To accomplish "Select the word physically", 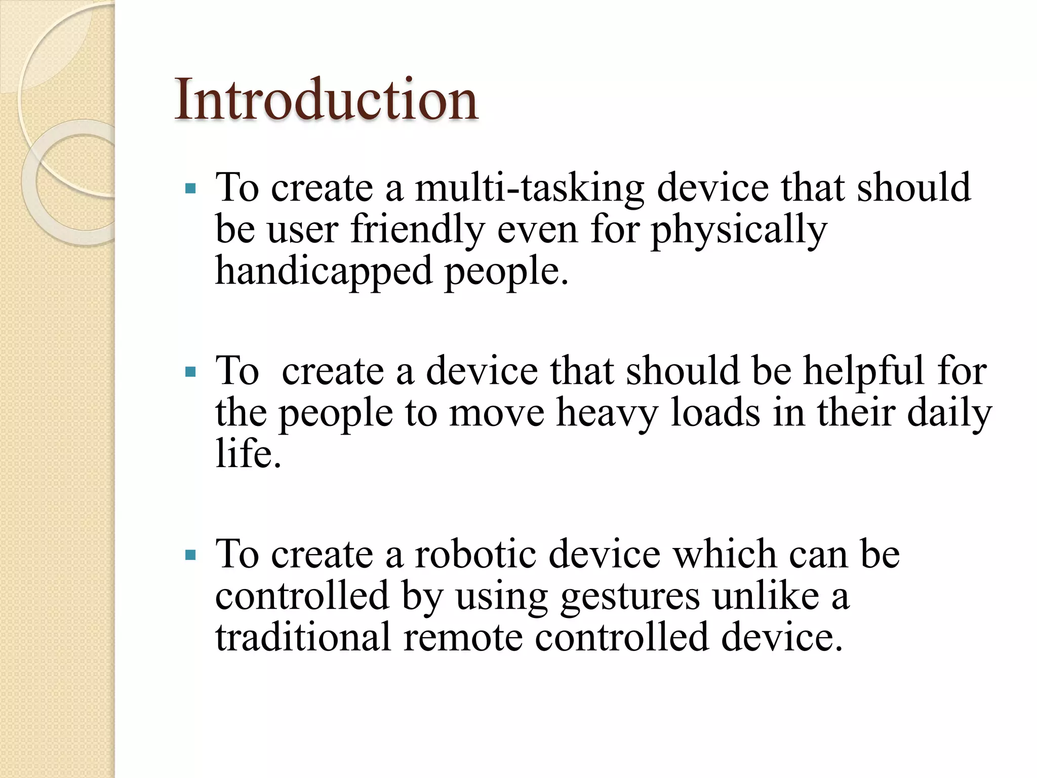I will [739, 230].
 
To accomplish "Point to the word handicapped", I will [324, 271].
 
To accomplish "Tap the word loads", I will [715, 413].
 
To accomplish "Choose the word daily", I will [949, 413].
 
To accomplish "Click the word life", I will [248, 453].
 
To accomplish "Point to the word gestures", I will [630, 597].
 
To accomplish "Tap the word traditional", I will [303, 637].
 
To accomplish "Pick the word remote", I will [463, 637].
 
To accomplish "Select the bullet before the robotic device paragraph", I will [190, 556].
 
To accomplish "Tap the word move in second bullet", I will [496, 413].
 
